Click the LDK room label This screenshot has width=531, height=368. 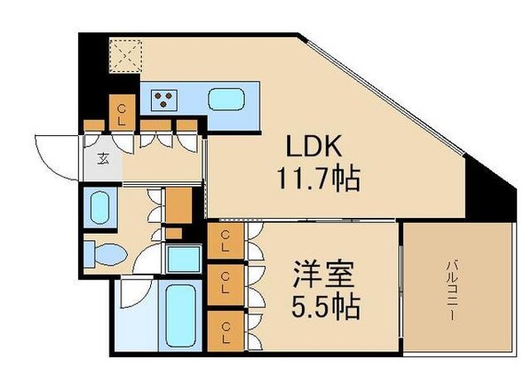[x=313, y=146]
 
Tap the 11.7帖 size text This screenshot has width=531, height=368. [x=318, y=179]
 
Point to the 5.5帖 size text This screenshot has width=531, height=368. [x=326, y=307]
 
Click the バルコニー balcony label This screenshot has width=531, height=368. [x=451, y=291]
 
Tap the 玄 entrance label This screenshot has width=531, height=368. [x=103, y=158]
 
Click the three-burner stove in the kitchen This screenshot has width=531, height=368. [x=163, y=100]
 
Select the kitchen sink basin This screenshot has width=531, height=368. [x=226, y=100]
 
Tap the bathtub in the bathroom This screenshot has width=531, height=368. [x=180, y=316]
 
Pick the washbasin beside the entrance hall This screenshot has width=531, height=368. [x=100, y=207]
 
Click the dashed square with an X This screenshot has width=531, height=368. [x=125, y=56]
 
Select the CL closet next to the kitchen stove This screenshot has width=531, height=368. [x=122, y=112]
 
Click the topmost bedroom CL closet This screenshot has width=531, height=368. [x=226, y=241]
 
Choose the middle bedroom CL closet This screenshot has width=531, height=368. [x=226, y=284]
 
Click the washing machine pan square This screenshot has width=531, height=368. [x=184, y=259]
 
